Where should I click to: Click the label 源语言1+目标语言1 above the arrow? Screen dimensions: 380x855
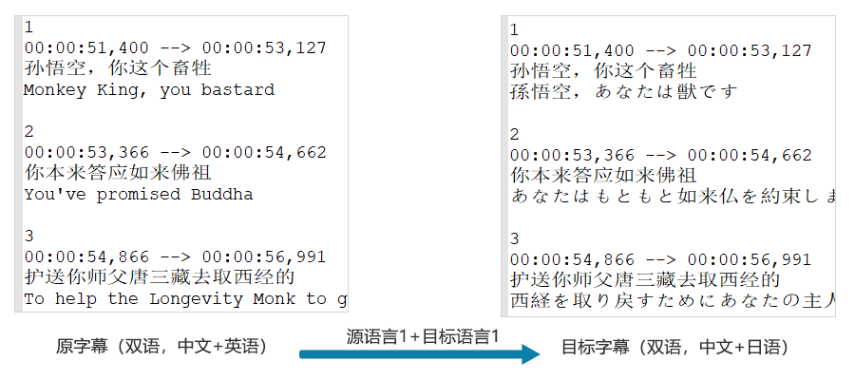421,334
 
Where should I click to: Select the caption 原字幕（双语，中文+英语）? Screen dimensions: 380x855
162,347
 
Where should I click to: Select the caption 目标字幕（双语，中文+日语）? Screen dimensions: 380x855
675,348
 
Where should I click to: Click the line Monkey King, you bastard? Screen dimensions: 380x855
149,90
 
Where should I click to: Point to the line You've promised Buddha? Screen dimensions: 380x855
139,194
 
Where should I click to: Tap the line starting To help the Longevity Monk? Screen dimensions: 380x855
185,298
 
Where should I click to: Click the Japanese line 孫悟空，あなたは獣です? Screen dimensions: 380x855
623,92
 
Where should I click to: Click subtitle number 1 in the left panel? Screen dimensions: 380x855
29,27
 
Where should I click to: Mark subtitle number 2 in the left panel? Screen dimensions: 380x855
29,131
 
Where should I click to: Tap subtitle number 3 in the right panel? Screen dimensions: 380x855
515,238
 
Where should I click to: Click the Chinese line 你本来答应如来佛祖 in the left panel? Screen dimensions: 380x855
118,173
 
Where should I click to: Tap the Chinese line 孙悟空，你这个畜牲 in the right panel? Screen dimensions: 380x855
603,71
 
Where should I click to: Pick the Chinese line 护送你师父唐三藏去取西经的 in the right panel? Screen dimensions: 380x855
645,279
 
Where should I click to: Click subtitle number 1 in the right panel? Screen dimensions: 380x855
515,30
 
